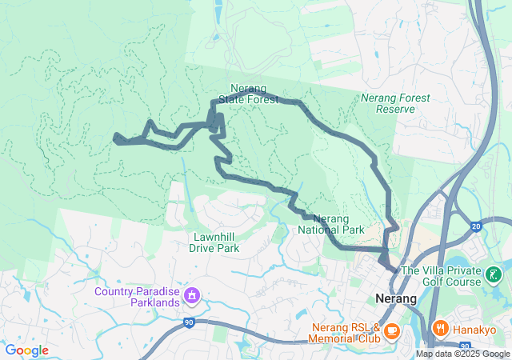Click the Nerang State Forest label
click(254, 94)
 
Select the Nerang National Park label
click(331, 224)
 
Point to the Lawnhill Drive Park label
click(214, 242)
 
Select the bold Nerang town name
click(396, 298)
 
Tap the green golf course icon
click(495, 277)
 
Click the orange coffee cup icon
click(392, 330)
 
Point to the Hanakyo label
click(475, 329)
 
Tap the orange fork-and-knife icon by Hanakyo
click(439, 329)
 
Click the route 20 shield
click(476, 226)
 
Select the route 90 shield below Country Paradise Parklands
click(189, 322)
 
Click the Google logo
click(27, 350)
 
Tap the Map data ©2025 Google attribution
click(462, 354)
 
